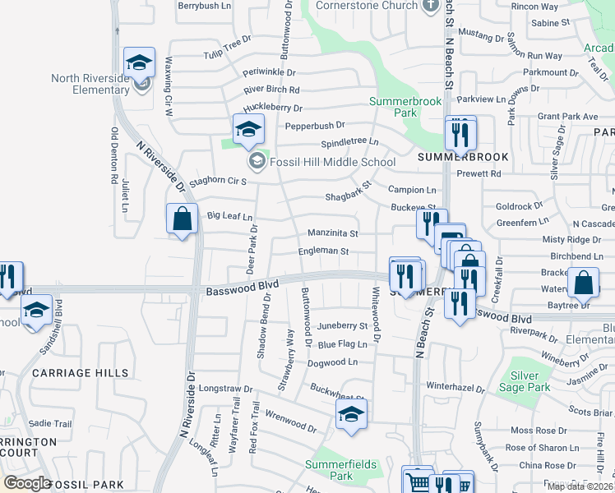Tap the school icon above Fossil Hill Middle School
point(248,128)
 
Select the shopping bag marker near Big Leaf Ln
point(182,219)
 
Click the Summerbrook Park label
point(405,106)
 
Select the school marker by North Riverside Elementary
point(140,62)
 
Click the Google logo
point(27,483)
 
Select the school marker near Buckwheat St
point(351,415)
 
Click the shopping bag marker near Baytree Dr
point(583,283)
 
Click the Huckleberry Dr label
point(273,108)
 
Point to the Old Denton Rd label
point(114,154)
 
